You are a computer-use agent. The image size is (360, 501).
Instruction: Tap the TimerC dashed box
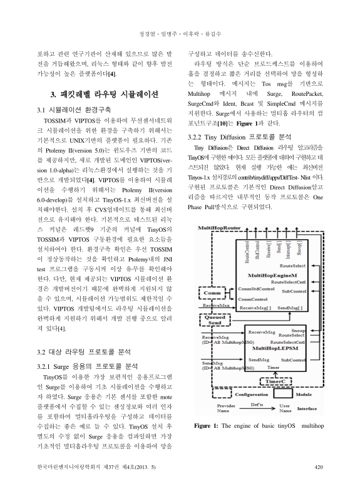(x=274, y=380)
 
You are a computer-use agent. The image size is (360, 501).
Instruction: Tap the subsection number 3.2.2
(x=198, y=135)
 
